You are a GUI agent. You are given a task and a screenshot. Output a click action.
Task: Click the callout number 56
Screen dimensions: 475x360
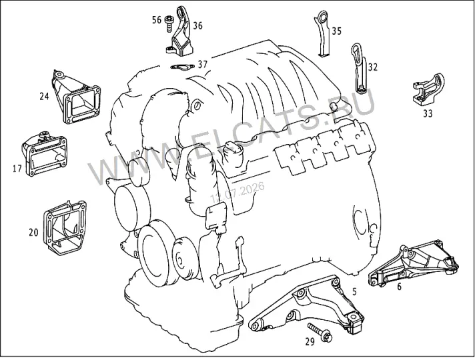(x=157, y=20)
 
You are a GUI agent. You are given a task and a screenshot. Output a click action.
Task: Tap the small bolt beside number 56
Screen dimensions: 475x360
(x=167, y=23)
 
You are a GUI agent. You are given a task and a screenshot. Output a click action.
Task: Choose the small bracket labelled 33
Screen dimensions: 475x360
(x=429, y=89)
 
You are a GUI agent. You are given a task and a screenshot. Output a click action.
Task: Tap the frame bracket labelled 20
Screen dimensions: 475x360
(x=65, y=228)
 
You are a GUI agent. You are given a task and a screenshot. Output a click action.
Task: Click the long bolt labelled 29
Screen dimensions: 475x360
(x=320, y=333)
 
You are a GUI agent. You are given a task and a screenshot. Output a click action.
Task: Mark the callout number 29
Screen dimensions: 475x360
(x=310, y=342)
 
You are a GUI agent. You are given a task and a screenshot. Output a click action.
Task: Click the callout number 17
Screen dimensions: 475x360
(x=17, y=169)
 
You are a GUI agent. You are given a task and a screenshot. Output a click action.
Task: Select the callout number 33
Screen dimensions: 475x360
(x=428, y=114)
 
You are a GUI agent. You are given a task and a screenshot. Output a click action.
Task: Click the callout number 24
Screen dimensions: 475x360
(x=44, y=96)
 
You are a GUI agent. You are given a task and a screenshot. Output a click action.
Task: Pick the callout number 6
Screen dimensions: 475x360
(x=399, y=287)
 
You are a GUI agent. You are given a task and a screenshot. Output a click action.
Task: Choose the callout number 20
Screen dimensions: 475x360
(x=33, y=233)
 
